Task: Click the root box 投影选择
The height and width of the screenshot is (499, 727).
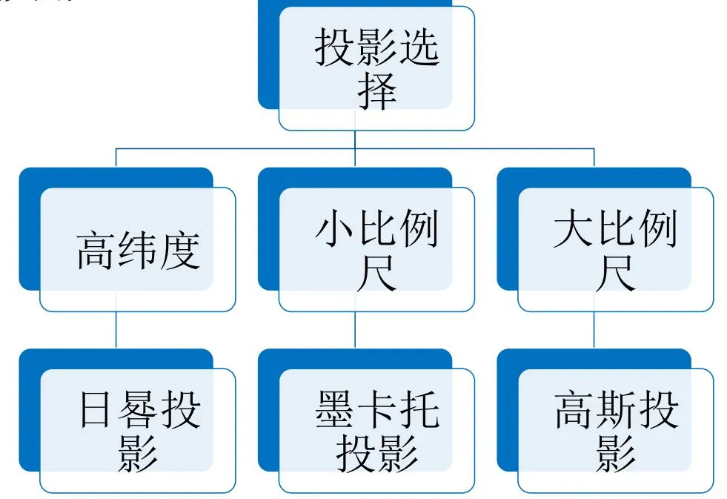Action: pos(376,68)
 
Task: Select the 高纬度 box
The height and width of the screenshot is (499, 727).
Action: pos(138,249)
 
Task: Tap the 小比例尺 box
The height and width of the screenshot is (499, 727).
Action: pos(376,249)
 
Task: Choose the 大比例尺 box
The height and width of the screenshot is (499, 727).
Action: pos(615,249)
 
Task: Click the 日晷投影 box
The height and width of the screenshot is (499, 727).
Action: pos(138,430)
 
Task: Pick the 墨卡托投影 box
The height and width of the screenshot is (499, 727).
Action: pos(376,430)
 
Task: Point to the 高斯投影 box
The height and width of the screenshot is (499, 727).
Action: pos(615,430)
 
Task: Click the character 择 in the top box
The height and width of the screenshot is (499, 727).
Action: pos(376,92)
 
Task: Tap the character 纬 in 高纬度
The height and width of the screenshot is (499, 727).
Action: pos(139,251)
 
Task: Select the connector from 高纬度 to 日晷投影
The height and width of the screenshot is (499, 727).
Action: pos(116,330)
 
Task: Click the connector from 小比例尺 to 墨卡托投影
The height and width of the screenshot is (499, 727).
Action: pos(355,330)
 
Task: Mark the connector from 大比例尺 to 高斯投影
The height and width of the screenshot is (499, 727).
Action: pos(594,330)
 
